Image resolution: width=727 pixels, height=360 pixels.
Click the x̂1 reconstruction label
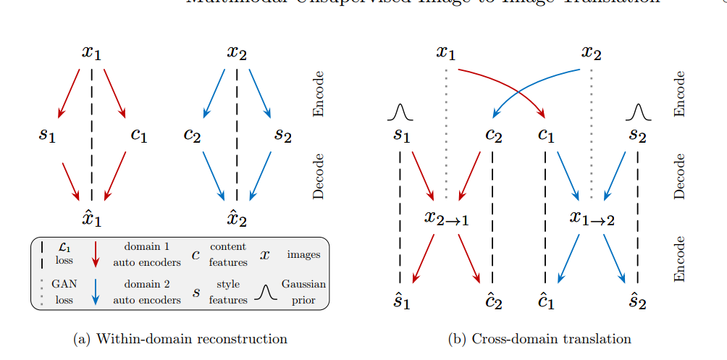tap(92, 218)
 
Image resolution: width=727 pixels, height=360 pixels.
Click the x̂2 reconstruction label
tap(237, 218)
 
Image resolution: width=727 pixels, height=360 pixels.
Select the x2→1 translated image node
tap(446, 218)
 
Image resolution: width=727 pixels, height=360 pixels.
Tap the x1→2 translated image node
tap(592, 218)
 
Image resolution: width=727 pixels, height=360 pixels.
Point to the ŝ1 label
tap(401, 301)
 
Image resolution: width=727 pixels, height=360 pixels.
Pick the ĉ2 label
tap(494, 301)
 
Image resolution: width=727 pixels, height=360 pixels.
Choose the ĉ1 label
tap(545, 301)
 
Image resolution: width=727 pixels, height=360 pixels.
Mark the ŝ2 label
tap(637, 301)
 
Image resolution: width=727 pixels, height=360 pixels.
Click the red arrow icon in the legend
tap(96, 255)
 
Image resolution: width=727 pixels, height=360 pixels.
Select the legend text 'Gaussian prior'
tap(303, 291)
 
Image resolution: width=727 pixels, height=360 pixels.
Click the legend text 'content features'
tap(228, 254)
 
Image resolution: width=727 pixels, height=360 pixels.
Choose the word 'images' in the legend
tap(303, 254)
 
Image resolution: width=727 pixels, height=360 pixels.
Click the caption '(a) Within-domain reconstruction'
tap(180, 338)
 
